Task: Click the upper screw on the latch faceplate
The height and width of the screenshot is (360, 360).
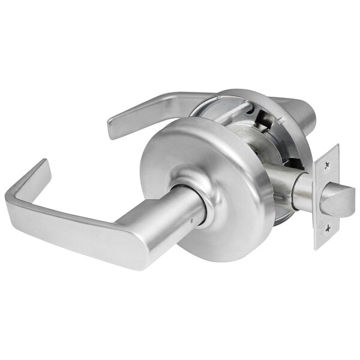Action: (326, 160)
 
